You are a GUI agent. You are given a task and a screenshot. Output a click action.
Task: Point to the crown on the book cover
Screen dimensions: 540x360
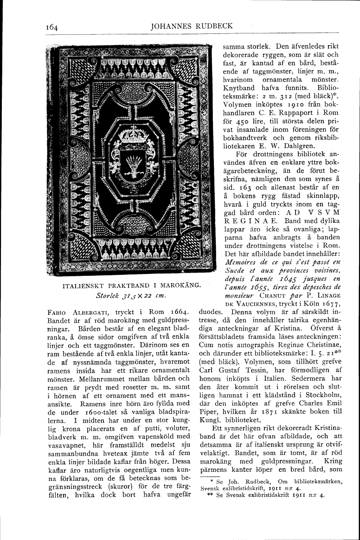pos(132,139)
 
